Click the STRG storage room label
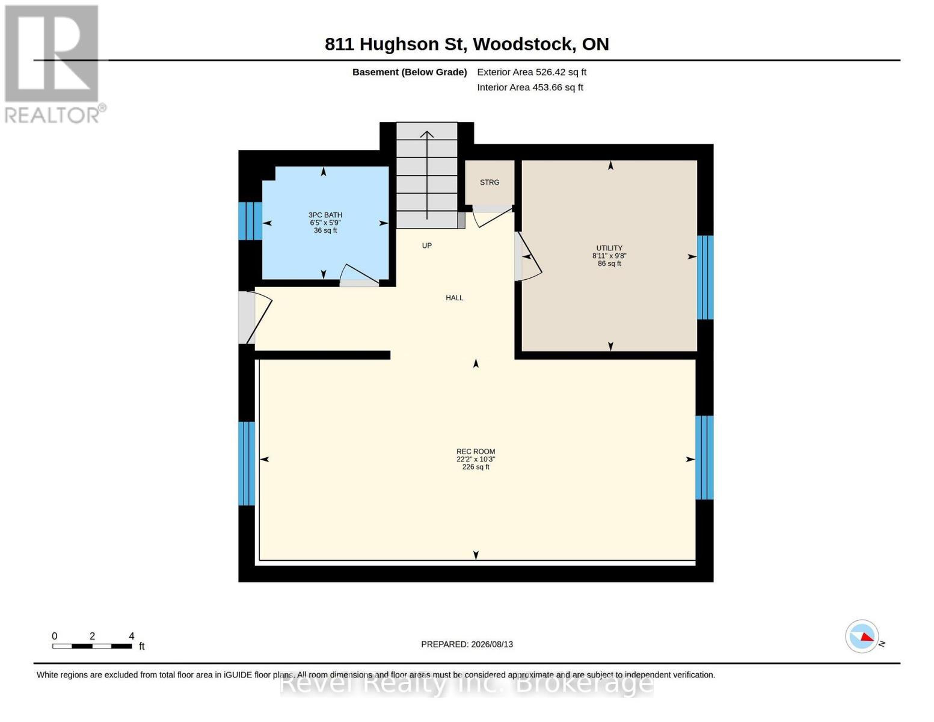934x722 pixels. click(x=489, y=182)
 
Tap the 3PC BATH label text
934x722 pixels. click(x=325, y=215)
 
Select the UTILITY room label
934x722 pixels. click(x=609, y=248)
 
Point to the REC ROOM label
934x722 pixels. click(x=475, y=451)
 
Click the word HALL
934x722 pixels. click(x=454, y=298)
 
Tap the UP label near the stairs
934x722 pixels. click(x=426, y=245)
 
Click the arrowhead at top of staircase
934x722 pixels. click(x=426, y=134)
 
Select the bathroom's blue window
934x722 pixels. click(x=250, y=221)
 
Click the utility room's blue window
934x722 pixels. click(x=705, y=277)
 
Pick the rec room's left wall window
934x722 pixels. click(x=247, y=463)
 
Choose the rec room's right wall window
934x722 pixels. click(x=704, y=457)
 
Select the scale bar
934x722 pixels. click(x=92, y=646)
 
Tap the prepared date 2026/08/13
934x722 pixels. click(x=492, y=644)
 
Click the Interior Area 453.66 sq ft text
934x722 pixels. click(x=530, y=87)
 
